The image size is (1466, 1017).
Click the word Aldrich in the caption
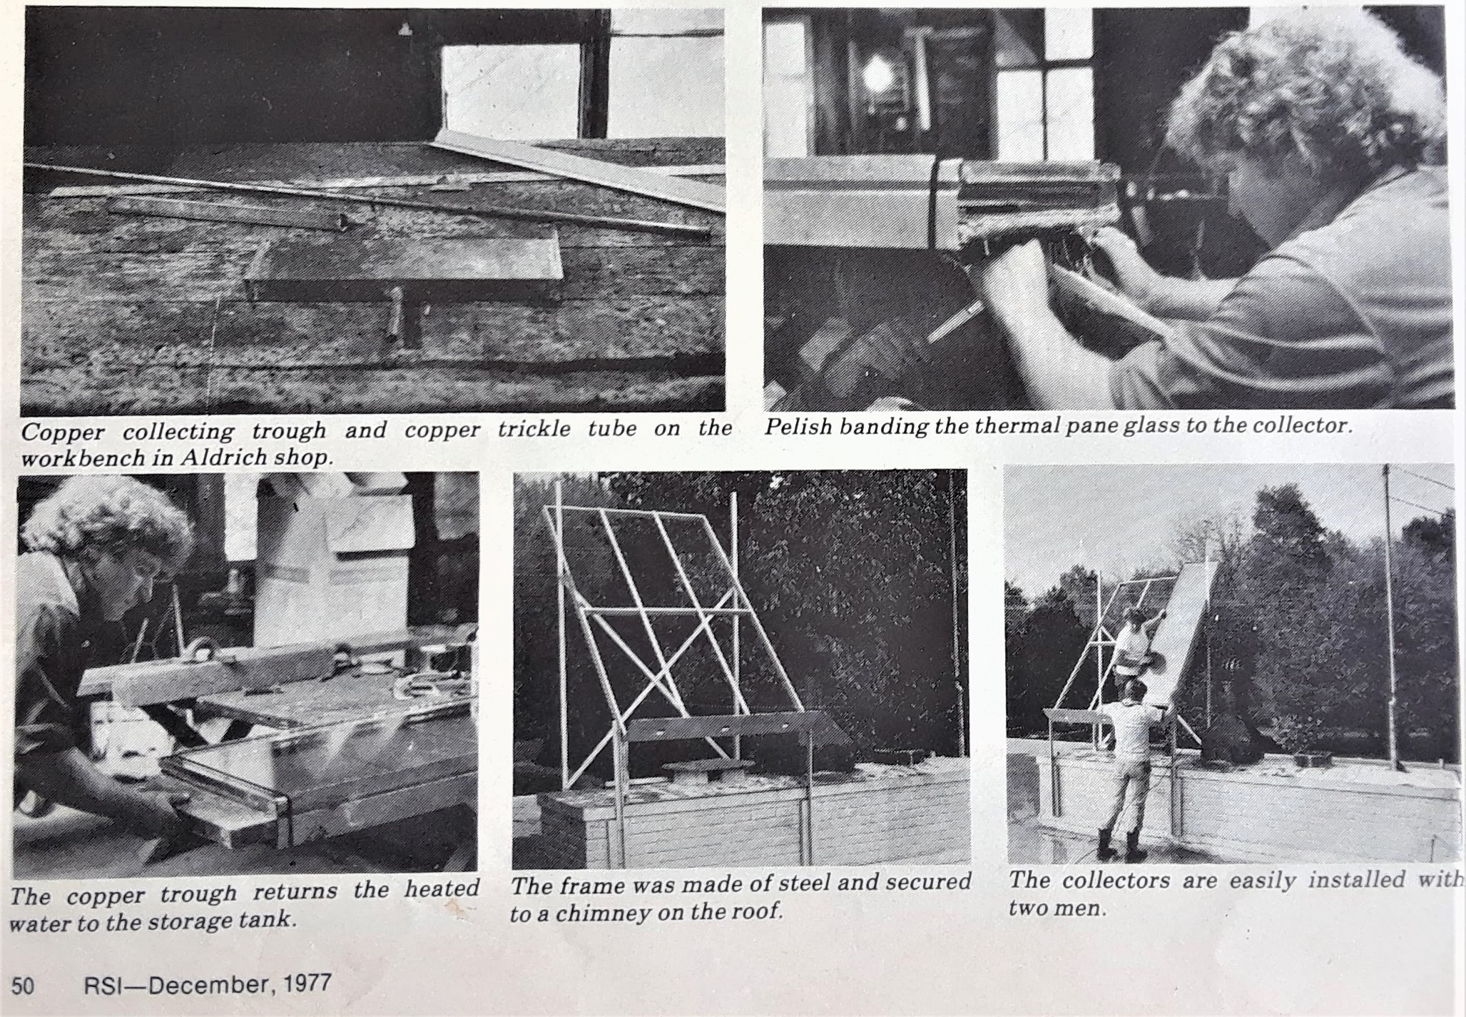coord(216,457)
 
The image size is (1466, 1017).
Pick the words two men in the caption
coord(1057,910)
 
